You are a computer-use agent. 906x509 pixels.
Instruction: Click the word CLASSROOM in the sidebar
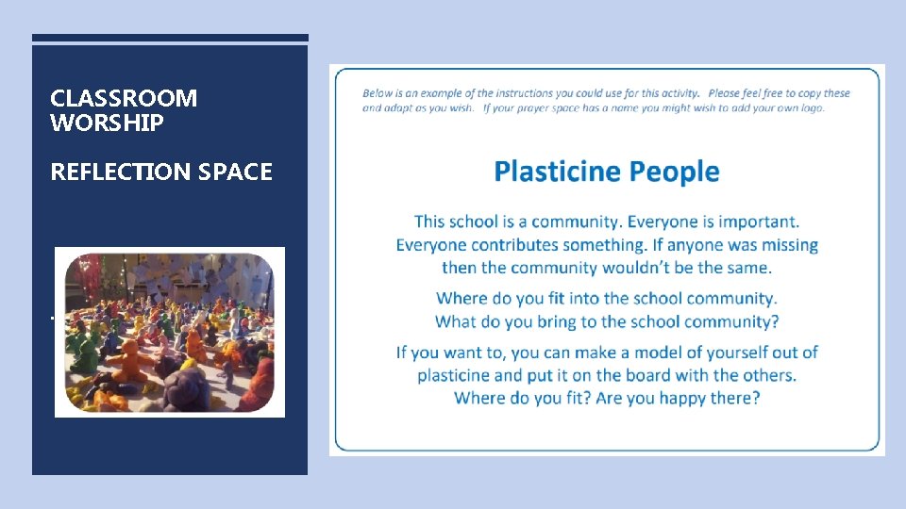[x=124, y=98]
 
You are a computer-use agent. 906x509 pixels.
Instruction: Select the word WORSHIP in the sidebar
[x=107, y=123]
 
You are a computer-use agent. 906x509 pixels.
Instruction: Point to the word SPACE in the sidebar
[x=235, y=172]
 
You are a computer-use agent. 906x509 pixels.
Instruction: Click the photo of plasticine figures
[x=170, y=332]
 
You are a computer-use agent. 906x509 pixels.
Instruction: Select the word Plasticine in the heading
[x=558, y=172]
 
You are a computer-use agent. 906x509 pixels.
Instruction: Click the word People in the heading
[x=674, y=172]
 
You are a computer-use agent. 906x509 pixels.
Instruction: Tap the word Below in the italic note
[x=378, y=93]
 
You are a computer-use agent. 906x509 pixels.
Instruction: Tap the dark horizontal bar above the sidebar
[x=170, y=38]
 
